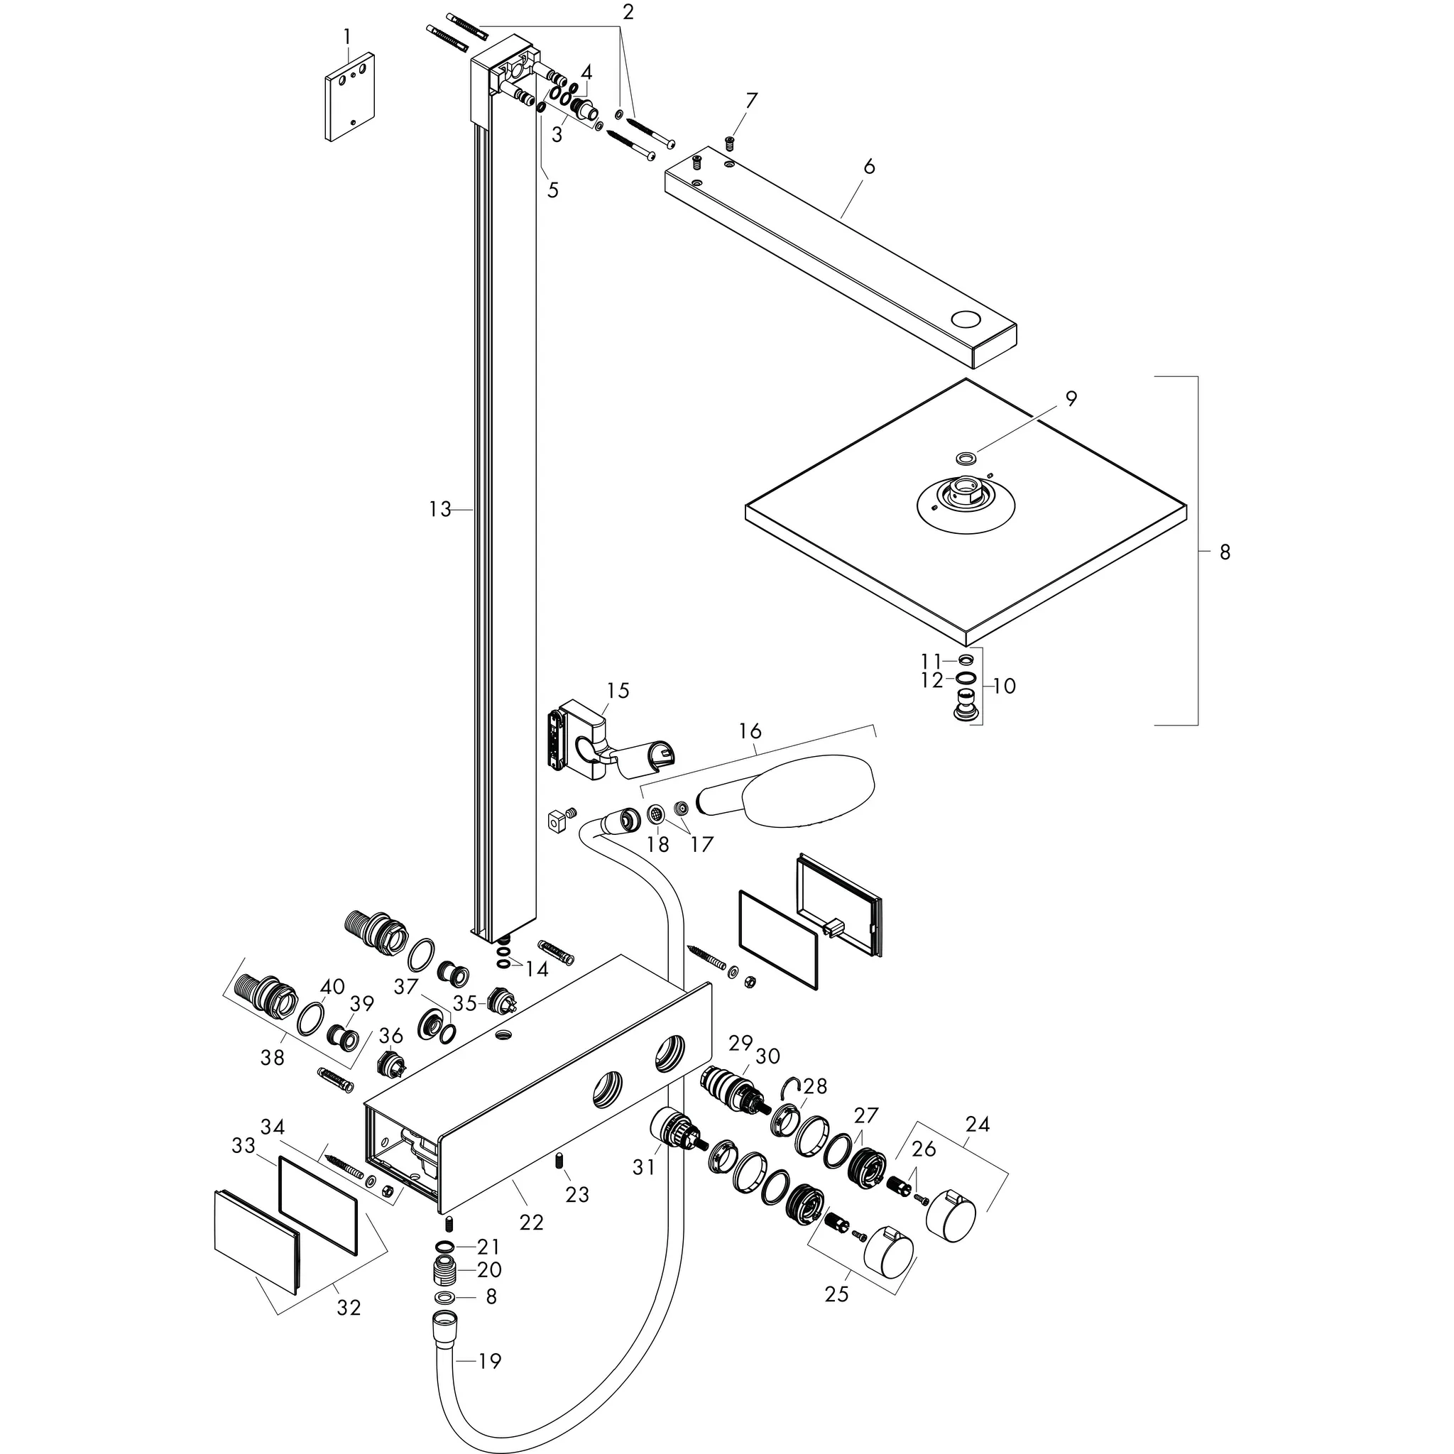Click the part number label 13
pyautogui.click(x=439, y=510)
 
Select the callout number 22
pyautogui.click(x=531, y=1223)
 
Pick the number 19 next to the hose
pyautogui.click(x=490, y=1361)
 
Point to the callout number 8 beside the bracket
pyautogui.click(x=1225, y=552)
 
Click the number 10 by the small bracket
pyautogui.click(x=1004, y=686)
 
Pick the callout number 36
pyautogui.click(x=390, y=1036)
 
